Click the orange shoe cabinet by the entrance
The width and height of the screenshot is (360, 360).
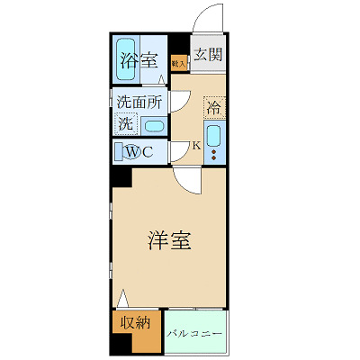[178, 63]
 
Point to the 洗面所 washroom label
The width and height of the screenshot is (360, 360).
[139, 103]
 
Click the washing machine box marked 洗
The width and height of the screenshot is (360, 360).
[125, 125]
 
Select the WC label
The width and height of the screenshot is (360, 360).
[139, 151]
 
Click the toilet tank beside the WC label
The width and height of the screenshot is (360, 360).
[118, 151]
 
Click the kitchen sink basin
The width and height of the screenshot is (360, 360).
[214, 136]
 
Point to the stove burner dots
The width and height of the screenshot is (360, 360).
[214, 155]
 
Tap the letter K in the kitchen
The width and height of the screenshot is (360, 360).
[196, 144]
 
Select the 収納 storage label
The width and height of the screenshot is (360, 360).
[132, 322]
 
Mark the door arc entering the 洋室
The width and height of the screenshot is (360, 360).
[186, 183]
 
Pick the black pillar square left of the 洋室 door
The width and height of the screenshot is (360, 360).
[121, 175]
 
